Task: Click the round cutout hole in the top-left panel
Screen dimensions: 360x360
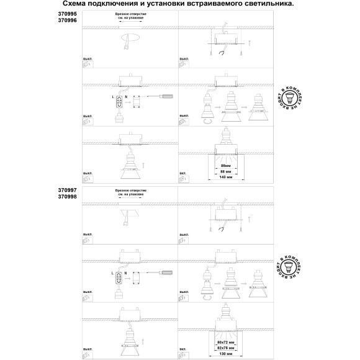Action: click(x=131, y=40)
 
